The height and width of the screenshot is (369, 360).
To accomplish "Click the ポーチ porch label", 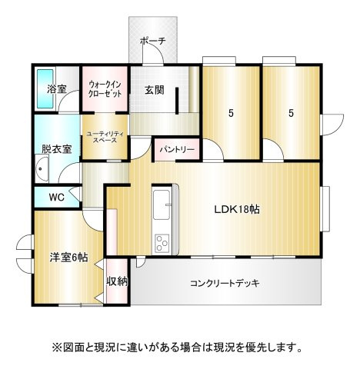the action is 153,41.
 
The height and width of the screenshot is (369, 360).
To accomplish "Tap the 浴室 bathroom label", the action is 57,89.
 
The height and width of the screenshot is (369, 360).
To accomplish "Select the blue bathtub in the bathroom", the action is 45,88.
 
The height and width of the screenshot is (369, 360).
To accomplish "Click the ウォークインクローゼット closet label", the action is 105,89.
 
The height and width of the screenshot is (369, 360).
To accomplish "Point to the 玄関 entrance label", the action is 155,90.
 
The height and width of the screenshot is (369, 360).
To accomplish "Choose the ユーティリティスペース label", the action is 105,137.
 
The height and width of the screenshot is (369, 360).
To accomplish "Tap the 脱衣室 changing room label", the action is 57,149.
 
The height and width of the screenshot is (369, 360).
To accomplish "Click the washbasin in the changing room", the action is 42,168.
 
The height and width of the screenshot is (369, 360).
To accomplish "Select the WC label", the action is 56,198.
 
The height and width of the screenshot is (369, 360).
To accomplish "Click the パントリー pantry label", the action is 177,149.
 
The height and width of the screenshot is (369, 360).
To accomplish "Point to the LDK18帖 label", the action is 237,209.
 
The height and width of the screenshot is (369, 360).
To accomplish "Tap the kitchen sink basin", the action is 162,204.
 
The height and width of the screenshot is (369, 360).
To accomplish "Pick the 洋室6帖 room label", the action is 69,258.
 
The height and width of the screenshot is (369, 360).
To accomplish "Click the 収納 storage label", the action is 117,281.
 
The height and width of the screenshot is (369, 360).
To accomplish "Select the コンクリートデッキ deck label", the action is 225,283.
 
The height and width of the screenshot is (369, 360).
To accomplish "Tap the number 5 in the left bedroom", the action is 231,113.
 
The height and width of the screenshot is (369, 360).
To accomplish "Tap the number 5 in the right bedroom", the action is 291,113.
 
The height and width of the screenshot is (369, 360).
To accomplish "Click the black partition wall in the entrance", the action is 177,101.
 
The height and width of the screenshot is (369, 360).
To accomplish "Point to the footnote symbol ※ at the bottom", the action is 55,347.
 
